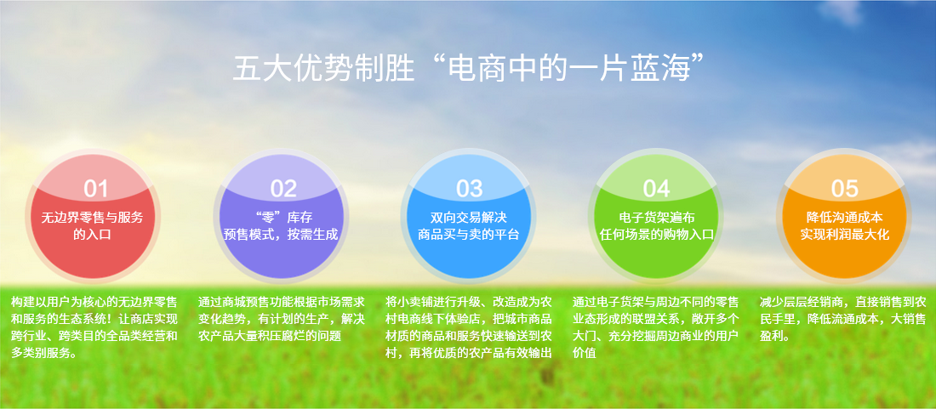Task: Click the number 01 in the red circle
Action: click(x=95, y=189)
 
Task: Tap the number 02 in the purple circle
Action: click(x=283, y=189)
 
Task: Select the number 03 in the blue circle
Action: click(x=469, y=189)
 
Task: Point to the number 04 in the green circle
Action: click(x=657, y=189)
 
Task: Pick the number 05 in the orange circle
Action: click(x=845, y=189)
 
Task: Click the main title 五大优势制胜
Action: click(x=323, y=68)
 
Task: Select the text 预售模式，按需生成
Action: click(x=281, y=235)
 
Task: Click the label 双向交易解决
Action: click(x=469, y=218)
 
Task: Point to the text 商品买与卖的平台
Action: click(x=469, y=235)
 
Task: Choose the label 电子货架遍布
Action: click(x=657, y=218)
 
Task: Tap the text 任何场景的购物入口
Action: click(x=657, y=235)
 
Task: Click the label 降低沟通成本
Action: click(x=845, y=218)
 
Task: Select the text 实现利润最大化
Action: click(x=845, y=235)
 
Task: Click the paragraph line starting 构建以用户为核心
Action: click(x=94, y=301)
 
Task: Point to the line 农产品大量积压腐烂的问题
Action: click(x=270, y=336)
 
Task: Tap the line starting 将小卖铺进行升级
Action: click(x=469, y=301)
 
